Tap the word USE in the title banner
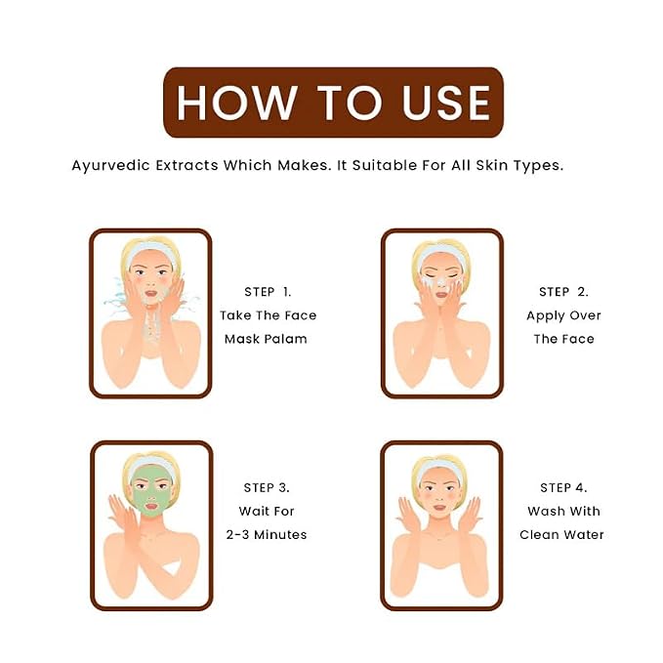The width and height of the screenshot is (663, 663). (x=445, y=103)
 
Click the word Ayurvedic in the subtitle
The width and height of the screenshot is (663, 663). (x=110, y=165)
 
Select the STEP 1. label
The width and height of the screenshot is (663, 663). (x=268, y=292)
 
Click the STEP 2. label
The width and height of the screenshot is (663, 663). (x=563, y=292)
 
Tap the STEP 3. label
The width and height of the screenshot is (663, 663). (x=267, y=487)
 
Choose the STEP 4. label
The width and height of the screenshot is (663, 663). (x=563, y=487)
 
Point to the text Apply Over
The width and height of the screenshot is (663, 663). (x=563, y=315)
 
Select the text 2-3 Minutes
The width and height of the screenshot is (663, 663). (x=267, y=534)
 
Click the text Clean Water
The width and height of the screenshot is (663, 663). (x=561, y=534)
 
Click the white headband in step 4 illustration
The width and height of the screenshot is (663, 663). (x=439, y=469)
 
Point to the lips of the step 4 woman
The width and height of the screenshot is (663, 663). (x=439, y=508)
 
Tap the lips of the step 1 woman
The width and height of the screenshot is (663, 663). (x=151, y=293)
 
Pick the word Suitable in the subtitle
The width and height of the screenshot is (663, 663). (x=385, y=165)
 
